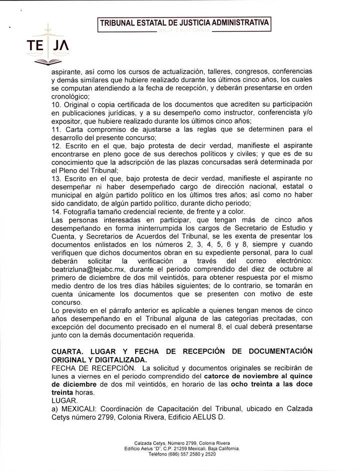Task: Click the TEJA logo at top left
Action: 47,47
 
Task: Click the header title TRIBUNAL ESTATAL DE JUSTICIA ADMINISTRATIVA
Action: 185,23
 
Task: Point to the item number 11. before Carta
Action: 57,129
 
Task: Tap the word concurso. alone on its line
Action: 68,303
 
